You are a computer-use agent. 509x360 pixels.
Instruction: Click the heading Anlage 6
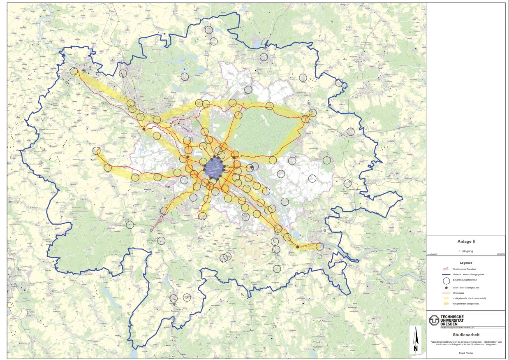click(466, 242)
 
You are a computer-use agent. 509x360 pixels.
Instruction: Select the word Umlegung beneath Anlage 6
click(466, 251)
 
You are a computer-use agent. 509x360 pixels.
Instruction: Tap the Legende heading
click(466, 262)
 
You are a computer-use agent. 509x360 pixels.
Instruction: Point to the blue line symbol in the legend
click(446, 274)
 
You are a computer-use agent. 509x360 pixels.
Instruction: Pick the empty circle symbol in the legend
click(446, 281)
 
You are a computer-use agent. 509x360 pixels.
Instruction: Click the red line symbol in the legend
click(446, 293)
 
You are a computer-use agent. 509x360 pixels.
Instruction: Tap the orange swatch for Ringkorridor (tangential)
click(446, 304)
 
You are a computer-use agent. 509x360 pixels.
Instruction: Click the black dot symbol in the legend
click(446, 287)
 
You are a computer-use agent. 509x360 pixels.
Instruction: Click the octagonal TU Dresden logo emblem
click(434, 320)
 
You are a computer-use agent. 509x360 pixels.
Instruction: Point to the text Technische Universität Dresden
click(452, 320)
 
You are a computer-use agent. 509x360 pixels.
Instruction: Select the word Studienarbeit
click(466, 334)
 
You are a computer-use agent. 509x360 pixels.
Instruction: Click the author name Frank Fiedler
click(466, 353)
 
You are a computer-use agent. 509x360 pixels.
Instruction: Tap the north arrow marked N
click(416, 340)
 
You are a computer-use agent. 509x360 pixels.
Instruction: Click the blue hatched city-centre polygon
click(214, 168)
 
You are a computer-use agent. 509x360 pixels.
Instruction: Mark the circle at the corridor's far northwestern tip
click(74, 71)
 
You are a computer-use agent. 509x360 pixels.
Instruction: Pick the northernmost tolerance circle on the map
click(209, 30)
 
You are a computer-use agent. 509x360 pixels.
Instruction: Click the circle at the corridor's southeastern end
click(319, 246)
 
